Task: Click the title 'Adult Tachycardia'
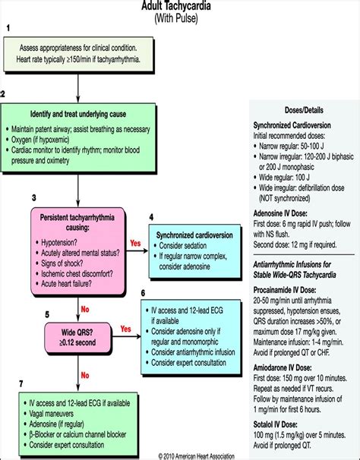tap(180, 5)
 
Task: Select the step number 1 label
tap(7, 28)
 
